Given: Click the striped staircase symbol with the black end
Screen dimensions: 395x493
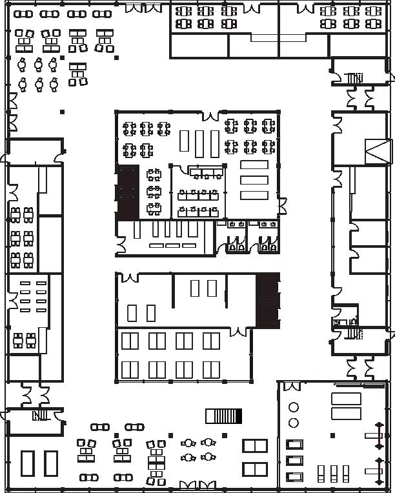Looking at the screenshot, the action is [223, 416].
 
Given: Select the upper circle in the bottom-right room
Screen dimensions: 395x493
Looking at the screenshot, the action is [294, 407].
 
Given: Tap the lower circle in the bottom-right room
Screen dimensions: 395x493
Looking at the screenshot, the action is [294, 423].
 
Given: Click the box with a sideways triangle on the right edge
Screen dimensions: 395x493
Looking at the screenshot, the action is [377, 152].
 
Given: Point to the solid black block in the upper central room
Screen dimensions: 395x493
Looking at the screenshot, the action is [128, 191].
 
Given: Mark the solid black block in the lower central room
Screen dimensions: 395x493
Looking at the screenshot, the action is [268, 300].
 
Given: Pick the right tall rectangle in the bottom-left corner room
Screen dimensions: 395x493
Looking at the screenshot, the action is [51, 463].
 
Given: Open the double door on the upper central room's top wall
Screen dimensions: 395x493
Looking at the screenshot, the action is [211, 116].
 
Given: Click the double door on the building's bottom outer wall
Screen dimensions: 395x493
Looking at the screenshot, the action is [197, 485].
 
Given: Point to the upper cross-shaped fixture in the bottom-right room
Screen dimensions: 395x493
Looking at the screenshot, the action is [378, 436].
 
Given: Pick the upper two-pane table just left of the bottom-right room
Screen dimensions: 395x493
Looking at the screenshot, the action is [255, 446].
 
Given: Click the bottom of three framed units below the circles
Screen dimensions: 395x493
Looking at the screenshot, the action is [295, 478].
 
